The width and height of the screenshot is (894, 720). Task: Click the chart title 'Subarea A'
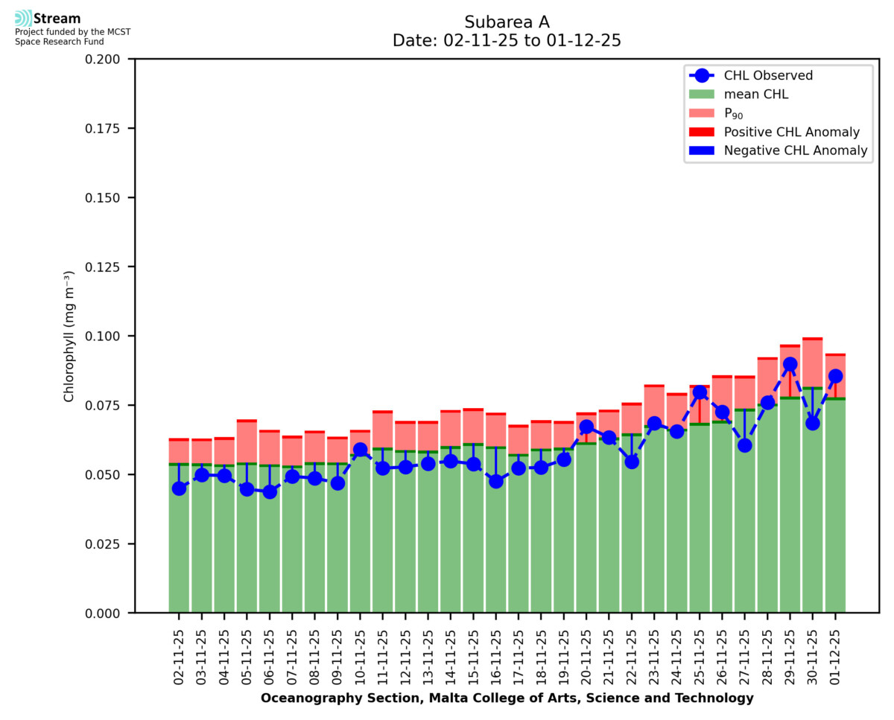[x=507, y=22]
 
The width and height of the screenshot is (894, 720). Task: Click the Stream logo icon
[x=24, y=19]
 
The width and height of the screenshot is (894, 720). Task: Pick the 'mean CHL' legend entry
[x=756, y=95]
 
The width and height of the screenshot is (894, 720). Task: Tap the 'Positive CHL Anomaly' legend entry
[x=792, y=133]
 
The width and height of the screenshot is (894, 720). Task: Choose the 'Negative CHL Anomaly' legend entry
[x=796, y=151]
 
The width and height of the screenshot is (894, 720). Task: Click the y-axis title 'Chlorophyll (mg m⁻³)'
[x=69, y=336]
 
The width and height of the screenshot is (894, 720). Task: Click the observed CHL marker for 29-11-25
[x=790, y=365]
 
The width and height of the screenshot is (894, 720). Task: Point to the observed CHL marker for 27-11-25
[x=744, y=445]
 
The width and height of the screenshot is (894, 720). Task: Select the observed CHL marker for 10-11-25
[x=360, y=450]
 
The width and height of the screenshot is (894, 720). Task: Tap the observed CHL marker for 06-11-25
[x=270, y=491]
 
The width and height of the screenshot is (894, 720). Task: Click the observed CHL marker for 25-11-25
[x=700, y=392]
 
